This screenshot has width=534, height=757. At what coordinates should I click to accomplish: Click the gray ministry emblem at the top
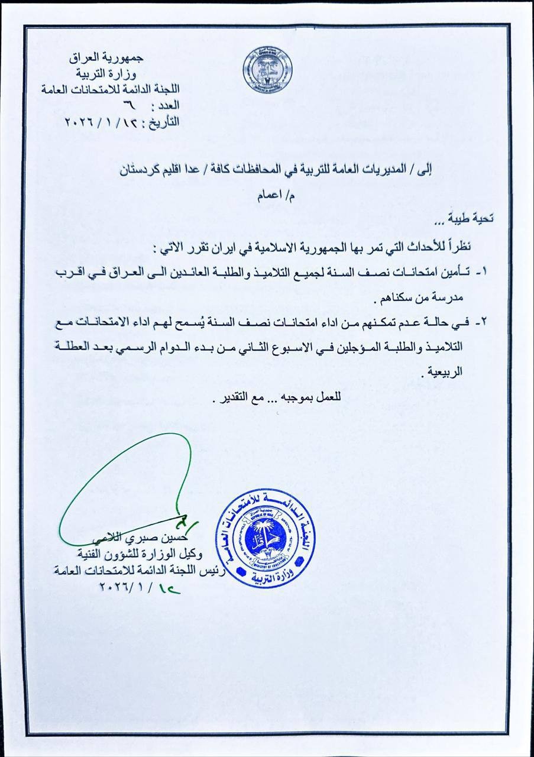point(267,69)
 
